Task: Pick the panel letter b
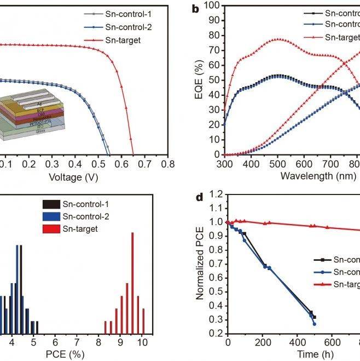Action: pyautogui.click(x=196, y=9)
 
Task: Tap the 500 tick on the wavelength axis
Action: pyautogui.click(x=277, y=164)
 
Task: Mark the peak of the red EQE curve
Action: pyautogui.click(x=278, y=39)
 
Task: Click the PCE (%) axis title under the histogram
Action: pyautogui.click(x=69, y=355)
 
